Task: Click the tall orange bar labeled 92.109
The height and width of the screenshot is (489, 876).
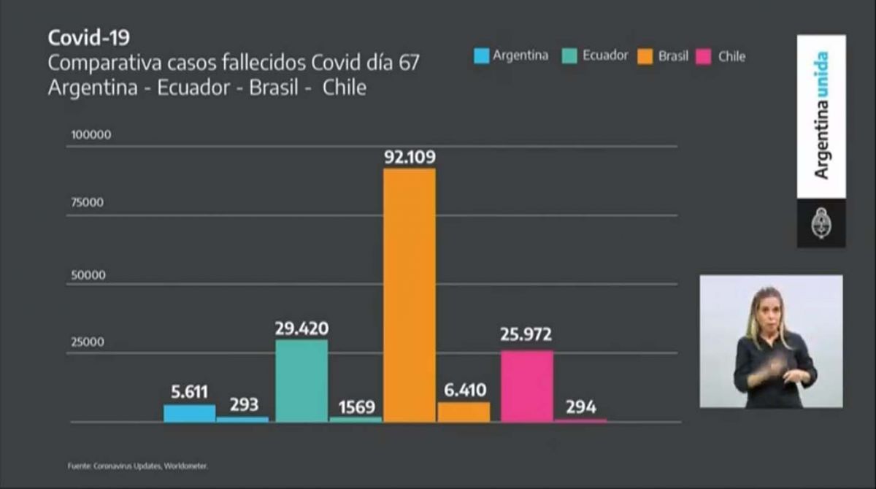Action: click(410, 295)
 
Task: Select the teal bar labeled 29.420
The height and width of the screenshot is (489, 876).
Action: click(301, 380)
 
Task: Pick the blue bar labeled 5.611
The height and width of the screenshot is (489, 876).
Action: click(189, 413)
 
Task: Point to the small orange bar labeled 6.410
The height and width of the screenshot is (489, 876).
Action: click(464, 412)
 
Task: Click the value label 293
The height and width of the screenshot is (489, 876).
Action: click(243, 405)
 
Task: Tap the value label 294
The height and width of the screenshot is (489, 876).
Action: click(580, 407)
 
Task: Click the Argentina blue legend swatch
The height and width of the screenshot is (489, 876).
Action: click(481, 55)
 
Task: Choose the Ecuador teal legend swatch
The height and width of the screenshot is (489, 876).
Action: click(571, 55)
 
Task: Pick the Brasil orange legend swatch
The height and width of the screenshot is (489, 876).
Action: click(645, 56)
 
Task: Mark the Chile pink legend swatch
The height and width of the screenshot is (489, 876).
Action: click(704, 56)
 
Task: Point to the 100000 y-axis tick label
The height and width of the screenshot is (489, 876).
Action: click(91, 135)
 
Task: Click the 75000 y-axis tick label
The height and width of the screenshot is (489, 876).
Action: click(87, 203)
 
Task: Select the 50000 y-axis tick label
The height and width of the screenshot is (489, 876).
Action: click(88, 275)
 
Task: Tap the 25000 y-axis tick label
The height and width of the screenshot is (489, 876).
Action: click(87, 342)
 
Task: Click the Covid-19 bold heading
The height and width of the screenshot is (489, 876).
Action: click(88, 37)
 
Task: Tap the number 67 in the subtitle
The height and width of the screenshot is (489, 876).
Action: click(409, 63)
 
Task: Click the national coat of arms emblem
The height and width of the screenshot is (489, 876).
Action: click(821, 224)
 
